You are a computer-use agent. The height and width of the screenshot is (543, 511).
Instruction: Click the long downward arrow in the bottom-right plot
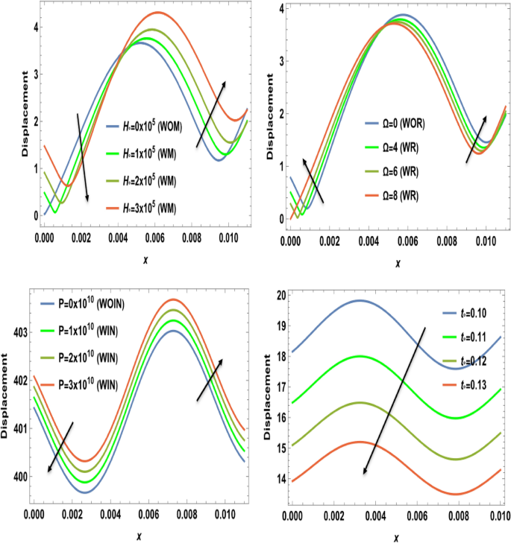pos(395,400)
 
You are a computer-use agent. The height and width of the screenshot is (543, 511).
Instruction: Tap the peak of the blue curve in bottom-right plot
pos(360,300)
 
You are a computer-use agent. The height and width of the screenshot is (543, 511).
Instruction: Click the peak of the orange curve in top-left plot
pos(157,13)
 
